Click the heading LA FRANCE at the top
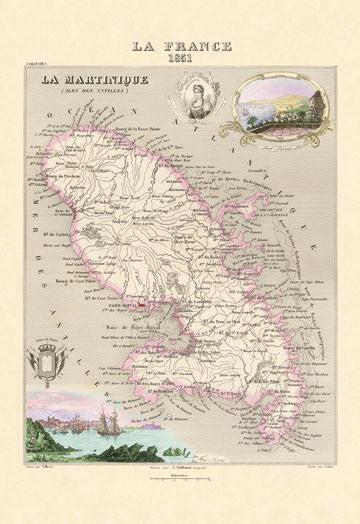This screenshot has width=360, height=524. [x=180, y=46]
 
